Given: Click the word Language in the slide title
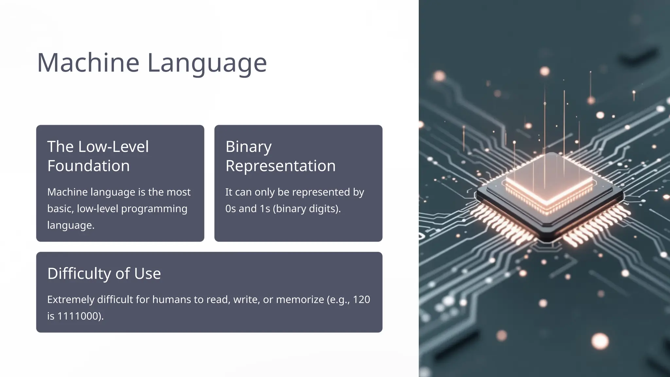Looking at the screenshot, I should pyautogui.click(x=207, y=63).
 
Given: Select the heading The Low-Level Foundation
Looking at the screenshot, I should pyautogui.click(x=98, y=156).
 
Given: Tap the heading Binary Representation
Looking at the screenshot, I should pyautogui.click(x=280, y=156).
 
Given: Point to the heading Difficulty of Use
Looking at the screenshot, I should pyautogui.click(x=104, y=274).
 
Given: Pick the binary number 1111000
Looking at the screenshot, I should pyautogui.click(x=79, y=316).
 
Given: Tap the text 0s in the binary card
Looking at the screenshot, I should pyautogui.click(x=230, y=209).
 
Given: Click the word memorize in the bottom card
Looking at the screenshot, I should pyautogui.click(x=300, y=299).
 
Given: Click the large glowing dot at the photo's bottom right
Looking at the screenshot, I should pyautogui.click(x=600, y=341).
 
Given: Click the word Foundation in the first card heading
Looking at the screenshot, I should pyautogui.click(x=88, y=166).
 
